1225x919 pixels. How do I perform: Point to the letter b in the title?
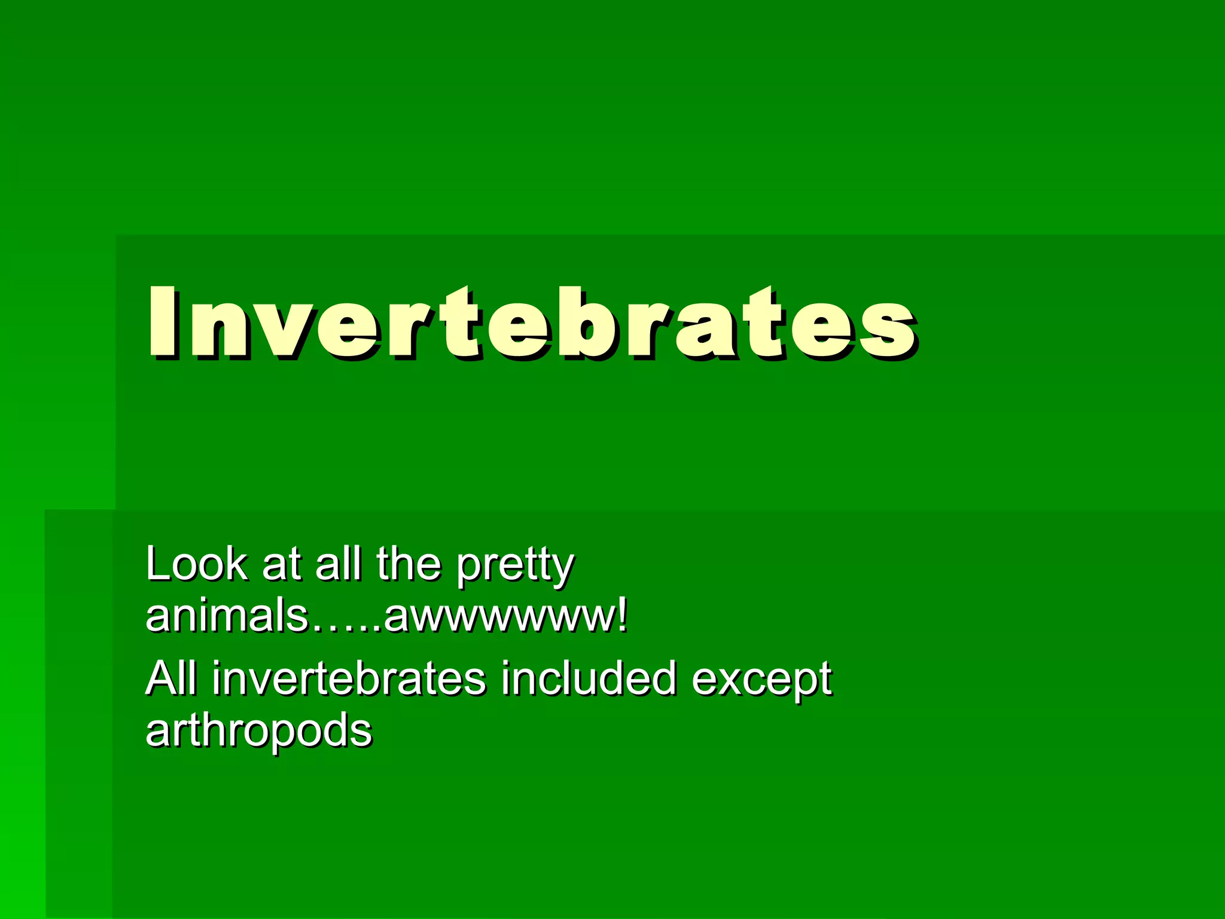coord(577,323)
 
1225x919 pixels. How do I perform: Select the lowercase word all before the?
coord(338,564)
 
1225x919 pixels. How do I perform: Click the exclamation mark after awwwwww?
coord(623,616)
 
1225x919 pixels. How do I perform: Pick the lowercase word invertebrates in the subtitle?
coord(349,678)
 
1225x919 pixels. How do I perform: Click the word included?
coord(589,678)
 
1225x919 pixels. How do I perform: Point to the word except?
coord(761,682)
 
